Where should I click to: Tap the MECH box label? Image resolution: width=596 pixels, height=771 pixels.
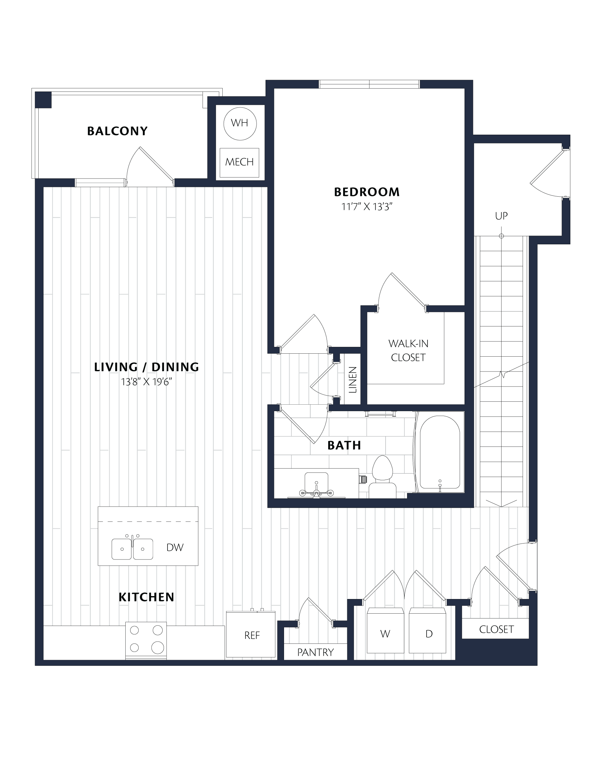(x=239, y=162)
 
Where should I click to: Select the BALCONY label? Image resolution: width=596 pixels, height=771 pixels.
(x=117, y=131)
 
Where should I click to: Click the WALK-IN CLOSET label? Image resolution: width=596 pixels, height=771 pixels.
(x=408, y=350)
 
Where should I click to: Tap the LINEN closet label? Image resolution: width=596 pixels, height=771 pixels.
(x=353, y=380)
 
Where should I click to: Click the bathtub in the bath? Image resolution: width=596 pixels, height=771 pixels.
(x=440, y=452)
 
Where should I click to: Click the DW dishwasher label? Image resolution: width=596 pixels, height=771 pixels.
(x=175, y=547)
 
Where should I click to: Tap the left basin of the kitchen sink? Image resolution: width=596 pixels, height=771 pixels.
(x=122, y=549)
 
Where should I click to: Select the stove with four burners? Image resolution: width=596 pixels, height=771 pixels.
(x=146, y=641)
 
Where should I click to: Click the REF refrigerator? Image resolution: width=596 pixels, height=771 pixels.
(x=251, y=634)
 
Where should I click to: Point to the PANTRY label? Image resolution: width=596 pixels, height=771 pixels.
(x=315, y=652)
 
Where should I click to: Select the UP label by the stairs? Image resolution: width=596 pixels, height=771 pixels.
(x=502, y=216)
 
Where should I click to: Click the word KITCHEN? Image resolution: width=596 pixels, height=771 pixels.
(x=146, y=597)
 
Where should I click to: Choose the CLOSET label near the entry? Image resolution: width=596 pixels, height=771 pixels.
(x=496, y=630)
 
